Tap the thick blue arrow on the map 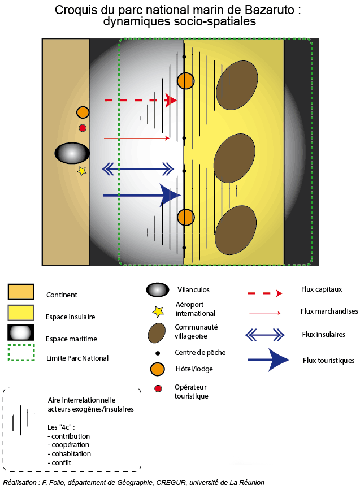(x=141, y=195)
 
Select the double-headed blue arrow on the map (x=138, y=168)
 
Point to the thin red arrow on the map (x=136, y=138)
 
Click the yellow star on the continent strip (x=82, y=171)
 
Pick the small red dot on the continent (x=83, y=128)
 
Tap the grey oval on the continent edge (x=72, y=153)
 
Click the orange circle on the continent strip (x=83, y=112)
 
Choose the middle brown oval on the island (x=235, y=159)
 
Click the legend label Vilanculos (x=193, y=290)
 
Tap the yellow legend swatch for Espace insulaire (x=21, y=313)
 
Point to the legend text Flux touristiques (x=328, y=360)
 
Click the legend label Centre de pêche (x=200, y=353)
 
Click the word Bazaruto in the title (x=267, y=10)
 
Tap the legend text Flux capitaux (x=322, y=289)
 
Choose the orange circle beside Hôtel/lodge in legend (x=158, y=369)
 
